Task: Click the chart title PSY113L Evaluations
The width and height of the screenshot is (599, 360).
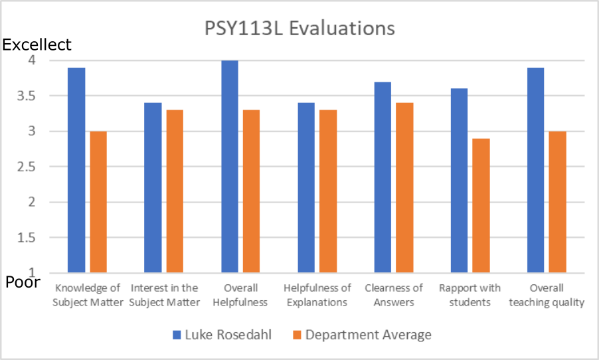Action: pos(299,29)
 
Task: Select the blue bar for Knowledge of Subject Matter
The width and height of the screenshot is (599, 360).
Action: pos(76,170)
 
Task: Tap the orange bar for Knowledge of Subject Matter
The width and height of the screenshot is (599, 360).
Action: pos(98,202)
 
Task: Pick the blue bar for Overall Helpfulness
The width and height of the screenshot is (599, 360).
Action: pos(230,166)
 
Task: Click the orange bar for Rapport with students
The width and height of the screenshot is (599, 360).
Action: pos(481,206)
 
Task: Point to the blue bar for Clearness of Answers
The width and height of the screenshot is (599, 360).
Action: pos(383,177)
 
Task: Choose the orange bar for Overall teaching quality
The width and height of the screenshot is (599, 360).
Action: pos(557,202)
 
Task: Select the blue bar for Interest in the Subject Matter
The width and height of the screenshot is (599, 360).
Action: pos(153,187)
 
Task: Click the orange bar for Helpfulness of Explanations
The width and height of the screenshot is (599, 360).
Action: pos(328,191)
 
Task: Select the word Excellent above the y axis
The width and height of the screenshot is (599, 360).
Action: pos(37,45)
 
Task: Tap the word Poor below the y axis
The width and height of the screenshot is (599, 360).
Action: pos(23,282)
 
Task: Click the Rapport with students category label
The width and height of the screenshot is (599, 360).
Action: pos(470,295)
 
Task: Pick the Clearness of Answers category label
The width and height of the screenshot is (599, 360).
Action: pos(394,295)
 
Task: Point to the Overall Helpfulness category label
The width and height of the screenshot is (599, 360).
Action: pos(240,295)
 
